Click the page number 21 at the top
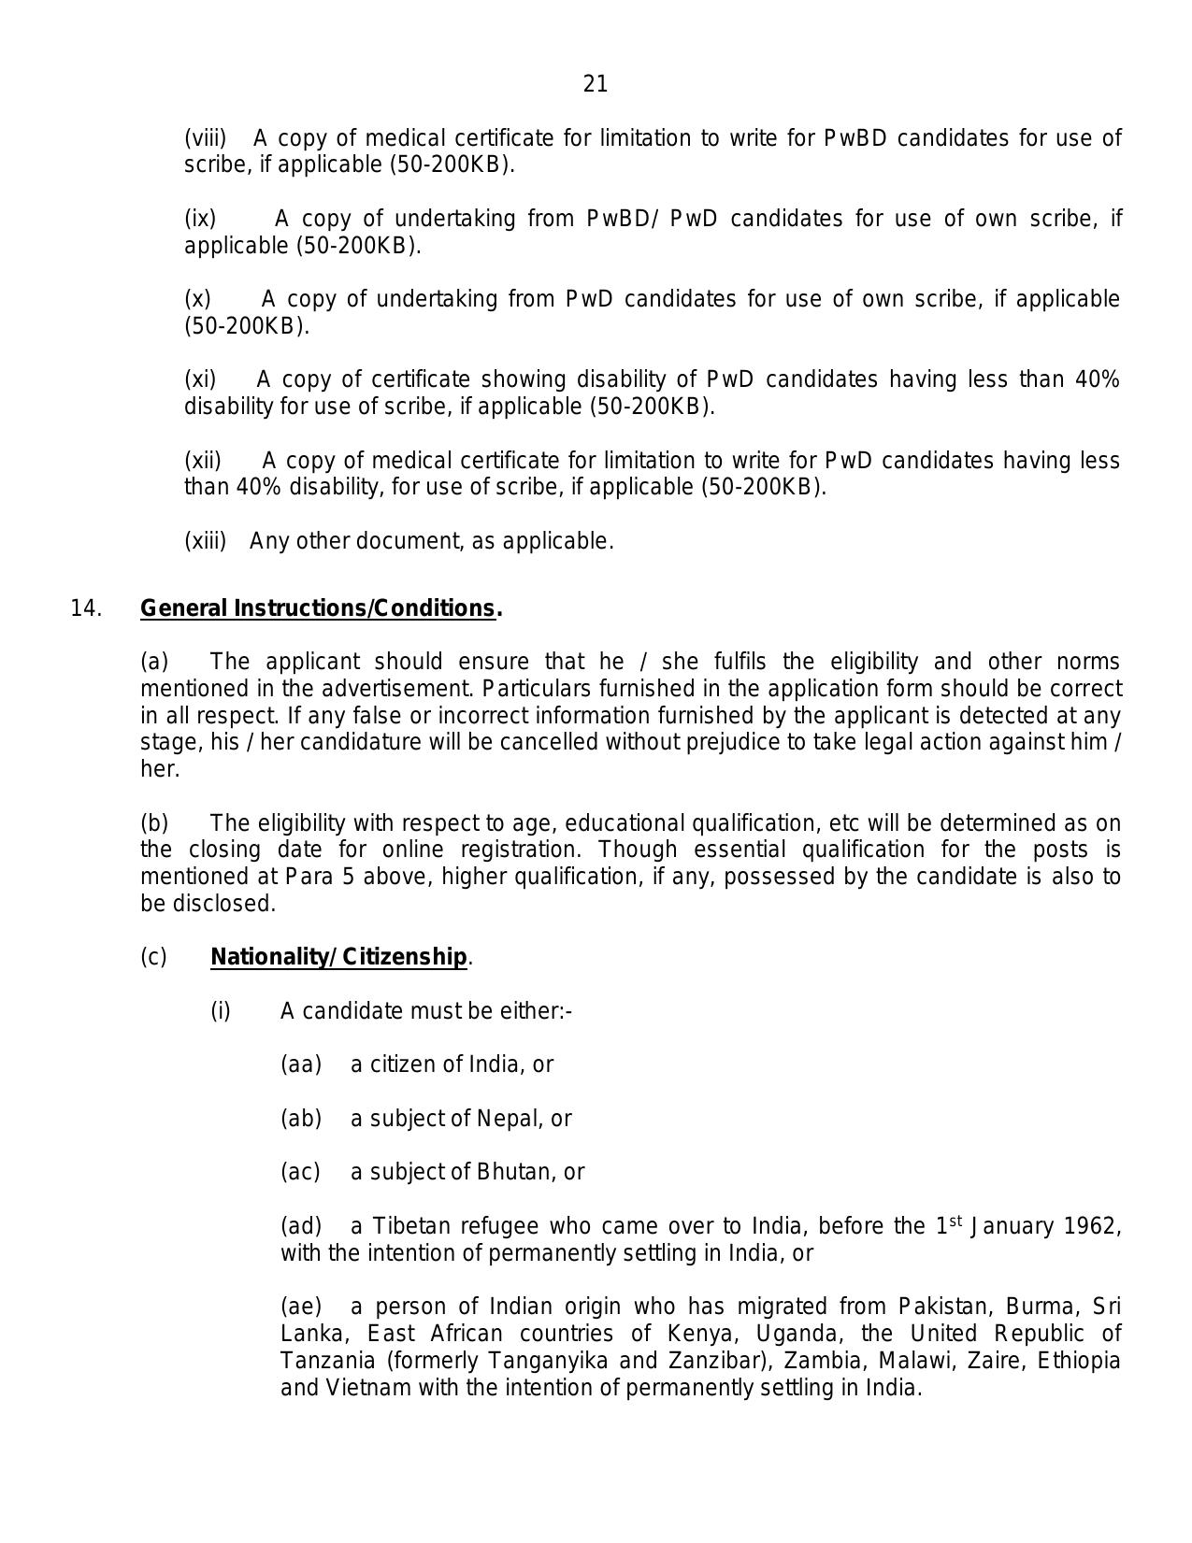click(596, 85)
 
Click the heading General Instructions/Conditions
click(318, 608)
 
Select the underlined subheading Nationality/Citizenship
click(338, 958)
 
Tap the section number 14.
click(85, 608)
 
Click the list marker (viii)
click(206, 139)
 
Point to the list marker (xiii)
click(206, 542)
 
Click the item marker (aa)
click(301, 1065)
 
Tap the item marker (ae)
click(301, 1307)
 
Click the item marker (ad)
click(301, 1226)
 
